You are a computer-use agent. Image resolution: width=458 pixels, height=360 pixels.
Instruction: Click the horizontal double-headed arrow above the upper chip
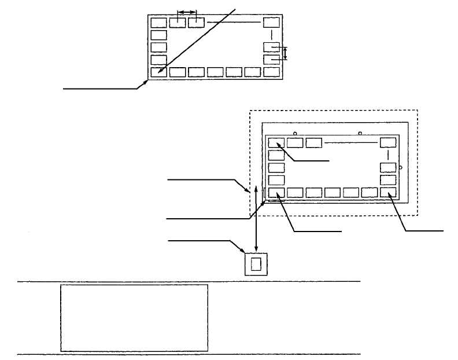point(187,12)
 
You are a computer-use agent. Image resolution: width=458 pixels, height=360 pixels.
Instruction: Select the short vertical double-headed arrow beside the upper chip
point(285,54)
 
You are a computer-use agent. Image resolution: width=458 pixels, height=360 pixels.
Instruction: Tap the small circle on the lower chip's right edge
point(401,167)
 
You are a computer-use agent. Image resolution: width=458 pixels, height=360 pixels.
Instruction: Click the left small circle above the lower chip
point(296,134)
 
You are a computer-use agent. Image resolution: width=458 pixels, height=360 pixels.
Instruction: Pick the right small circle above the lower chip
point(360,134)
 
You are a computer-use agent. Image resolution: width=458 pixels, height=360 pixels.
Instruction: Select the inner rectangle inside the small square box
point(257,265)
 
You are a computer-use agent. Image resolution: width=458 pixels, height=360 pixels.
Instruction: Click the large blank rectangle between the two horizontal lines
point(134,317)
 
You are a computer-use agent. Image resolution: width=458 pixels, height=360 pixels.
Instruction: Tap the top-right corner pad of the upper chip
point(271,23)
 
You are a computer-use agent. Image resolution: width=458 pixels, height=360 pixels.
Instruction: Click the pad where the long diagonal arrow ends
point(158,72)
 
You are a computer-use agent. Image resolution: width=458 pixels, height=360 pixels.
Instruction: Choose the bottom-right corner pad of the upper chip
point(271,72)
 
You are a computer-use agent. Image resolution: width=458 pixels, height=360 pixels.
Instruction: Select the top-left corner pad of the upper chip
point(158,23)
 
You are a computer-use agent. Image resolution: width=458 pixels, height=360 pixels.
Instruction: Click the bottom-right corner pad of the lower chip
point(388,193)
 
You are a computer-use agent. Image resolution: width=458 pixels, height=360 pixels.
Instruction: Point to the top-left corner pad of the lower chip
point(276,142)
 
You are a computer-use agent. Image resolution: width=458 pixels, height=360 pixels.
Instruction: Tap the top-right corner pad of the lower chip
point(388,142)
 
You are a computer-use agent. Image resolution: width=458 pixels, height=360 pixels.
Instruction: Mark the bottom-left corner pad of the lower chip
point(276,193)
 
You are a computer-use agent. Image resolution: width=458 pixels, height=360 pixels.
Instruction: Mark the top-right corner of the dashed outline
point(418,110)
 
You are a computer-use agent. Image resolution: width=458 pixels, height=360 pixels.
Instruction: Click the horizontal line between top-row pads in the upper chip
point(234,23)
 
